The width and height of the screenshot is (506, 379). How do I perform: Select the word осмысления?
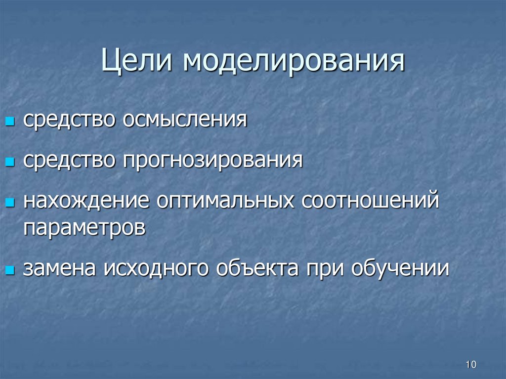(x=185, y=120)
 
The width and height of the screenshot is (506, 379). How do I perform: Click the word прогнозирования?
(x=213, y=161)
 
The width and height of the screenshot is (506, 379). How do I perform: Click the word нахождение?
(x=86, y=202)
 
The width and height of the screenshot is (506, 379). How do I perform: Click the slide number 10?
(x=470, y=365)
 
